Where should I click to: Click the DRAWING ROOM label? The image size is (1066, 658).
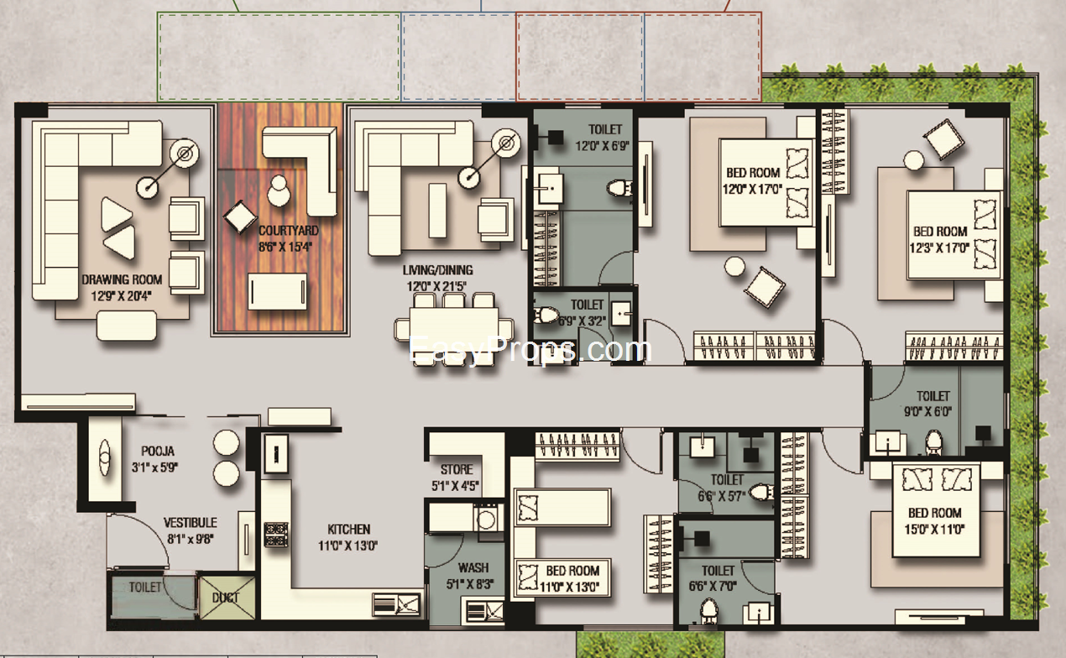click(x=122, y=279)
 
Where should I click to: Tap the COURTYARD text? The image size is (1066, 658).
click(x=289, y=231)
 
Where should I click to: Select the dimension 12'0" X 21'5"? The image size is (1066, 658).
click(x=436, y=286)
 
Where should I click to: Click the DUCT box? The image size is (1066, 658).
click(x=227, y=598)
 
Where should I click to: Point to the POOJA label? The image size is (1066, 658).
click(x=158, y=451)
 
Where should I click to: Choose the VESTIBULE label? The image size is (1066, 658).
click(x=191, y=523)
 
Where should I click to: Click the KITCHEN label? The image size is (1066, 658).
click(x=349, y=530)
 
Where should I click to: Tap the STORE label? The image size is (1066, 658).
click(x=457, y=470)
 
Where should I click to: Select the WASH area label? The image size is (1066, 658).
click(x=473, y=568)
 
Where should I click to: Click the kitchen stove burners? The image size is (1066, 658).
click(x=276, y=535)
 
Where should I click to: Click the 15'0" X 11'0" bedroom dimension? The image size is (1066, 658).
click(x=935, y=530)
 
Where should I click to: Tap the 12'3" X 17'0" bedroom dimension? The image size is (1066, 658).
click(x=939, y=248)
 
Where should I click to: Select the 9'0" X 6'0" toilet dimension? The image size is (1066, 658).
click(x=928, y=412)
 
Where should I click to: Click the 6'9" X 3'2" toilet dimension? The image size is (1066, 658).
click(x=582, y=321)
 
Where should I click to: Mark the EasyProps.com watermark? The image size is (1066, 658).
click(x=530, y=350)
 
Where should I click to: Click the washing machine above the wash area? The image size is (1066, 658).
click(x=486, y=518)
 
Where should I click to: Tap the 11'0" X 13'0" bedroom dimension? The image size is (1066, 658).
click(x=569, y=587)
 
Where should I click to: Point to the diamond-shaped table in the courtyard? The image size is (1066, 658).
click(x=240, y=217)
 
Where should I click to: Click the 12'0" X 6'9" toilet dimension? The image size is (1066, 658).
click(x=603, y=146)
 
